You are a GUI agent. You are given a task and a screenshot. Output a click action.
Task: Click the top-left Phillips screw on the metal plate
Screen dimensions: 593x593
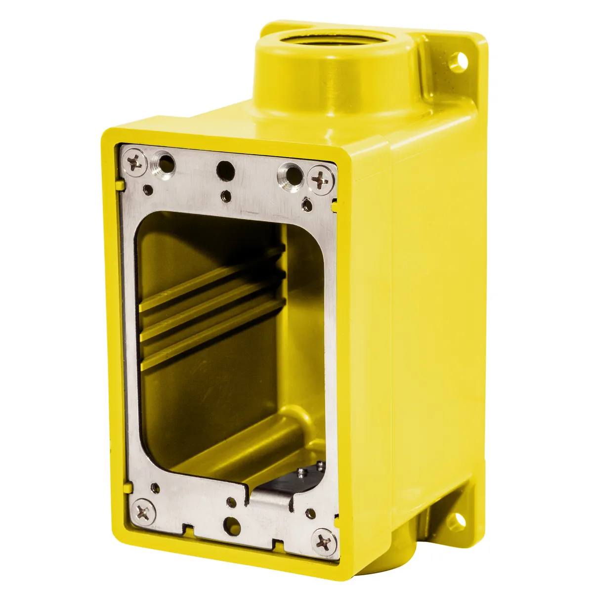(135, 162)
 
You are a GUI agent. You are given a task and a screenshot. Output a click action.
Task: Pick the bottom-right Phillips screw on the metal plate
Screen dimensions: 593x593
(325, 539)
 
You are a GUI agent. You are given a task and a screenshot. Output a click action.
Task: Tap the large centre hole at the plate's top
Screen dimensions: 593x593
(225, 170)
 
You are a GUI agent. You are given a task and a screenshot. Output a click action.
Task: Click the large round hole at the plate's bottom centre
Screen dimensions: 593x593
(231, 522)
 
